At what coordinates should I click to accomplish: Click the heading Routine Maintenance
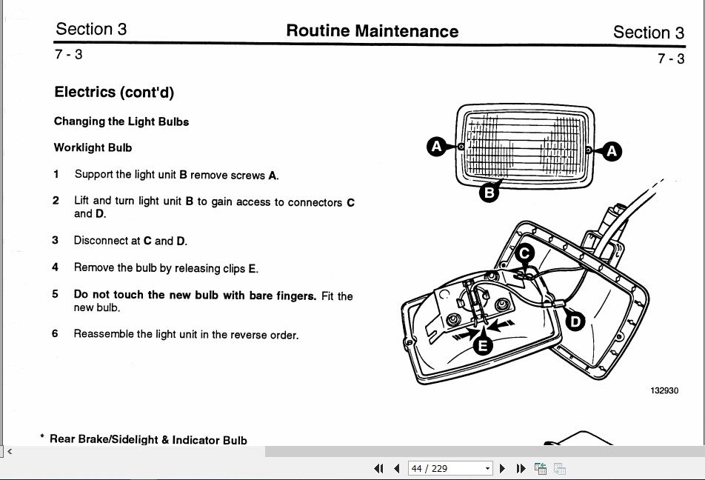372,31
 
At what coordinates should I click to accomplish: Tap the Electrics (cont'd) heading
114,92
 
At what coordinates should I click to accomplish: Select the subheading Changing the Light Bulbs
121,121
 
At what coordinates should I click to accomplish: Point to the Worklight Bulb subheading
93,147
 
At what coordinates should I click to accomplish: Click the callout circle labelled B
489,193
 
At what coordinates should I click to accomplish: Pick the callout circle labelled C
524,254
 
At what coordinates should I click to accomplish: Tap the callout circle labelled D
575,321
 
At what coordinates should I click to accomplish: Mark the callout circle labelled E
483,345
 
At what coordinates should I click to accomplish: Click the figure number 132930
664,390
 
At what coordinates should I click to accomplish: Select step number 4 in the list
56,267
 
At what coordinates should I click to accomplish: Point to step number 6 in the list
56,333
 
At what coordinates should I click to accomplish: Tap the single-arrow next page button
503,468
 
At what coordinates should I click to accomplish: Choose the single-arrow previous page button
396,468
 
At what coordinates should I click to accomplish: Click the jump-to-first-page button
379,468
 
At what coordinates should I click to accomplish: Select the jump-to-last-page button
521,468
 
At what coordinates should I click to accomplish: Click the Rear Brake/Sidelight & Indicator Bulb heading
148,439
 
